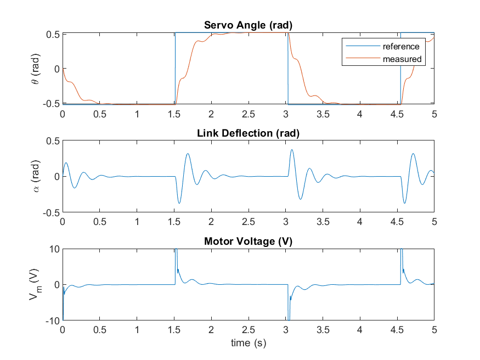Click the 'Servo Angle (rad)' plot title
click(248, 25)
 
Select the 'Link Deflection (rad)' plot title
click(248, 133)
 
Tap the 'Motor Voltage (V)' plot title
click(248, 241)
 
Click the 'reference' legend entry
click(401, 47)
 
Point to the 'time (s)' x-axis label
click(248, 343)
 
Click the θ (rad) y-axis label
click(36, 68)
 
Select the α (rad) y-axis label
click(36, 176)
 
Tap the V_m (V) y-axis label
click(34, 284)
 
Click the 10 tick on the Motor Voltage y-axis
click(54, 249)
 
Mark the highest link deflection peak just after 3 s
click(292, 149)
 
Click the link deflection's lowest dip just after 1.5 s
click(179, 204)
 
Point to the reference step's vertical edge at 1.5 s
click(175, 68)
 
